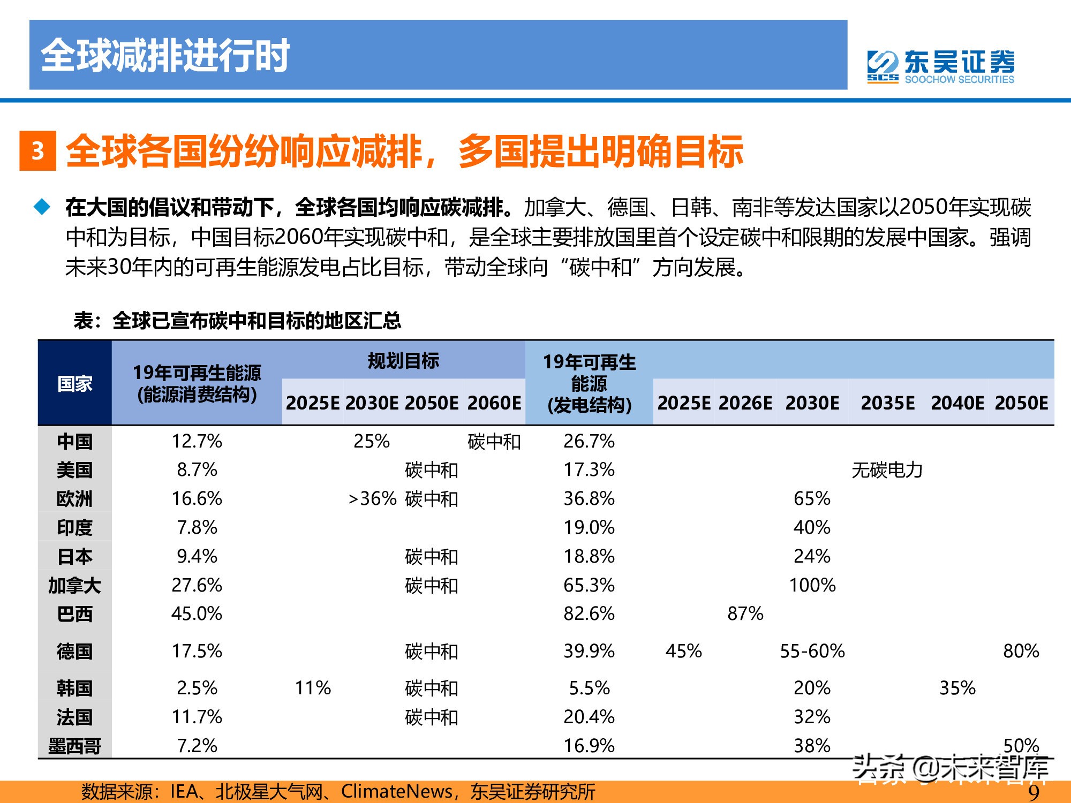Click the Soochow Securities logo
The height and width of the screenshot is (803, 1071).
click(x=941, y=67)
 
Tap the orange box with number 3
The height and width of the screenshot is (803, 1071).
click(x=37, y=151)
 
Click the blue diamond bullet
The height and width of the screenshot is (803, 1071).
click(x=42, y=207)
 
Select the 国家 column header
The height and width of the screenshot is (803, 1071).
click(x=74, y=383)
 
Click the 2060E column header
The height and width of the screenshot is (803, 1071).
click(x=494, y=403)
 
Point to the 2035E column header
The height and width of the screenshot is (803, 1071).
click(x=887, y=403)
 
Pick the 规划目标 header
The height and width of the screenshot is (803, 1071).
click(x=403, y=360)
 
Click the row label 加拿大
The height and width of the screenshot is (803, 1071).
click(x=74, y=585)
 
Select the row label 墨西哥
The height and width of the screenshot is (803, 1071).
click(x=74, y=746)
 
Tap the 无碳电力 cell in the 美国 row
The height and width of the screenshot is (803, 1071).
click(x=887, y=470)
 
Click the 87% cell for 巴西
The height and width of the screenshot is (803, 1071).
click(x=745, y=613)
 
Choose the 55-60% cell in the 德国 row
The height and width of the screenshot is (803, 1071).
click(x=812, y=651)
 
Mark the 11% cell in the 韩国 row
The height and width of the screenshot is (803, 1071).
click(x=313, y=688)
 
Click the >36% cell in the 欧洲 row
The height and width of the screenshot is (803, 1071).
click(x=372, y=499)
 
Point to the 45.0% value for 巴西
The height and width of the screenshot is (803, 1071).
click(x=197, y=613)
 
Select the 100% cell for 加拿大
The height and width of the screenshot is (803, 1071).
click(x=812, y=585)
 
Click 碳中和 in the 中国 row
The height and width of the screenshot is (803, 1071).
click(x=494, y=442)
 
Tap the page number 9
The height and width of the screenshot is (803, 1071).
click(x=1034, y=792)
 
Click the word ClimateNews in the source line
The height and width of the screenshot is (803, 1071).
click(x=396, y=791)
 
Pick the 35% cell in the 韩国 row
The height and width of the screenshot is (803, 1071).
click(x=957, y=688)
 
